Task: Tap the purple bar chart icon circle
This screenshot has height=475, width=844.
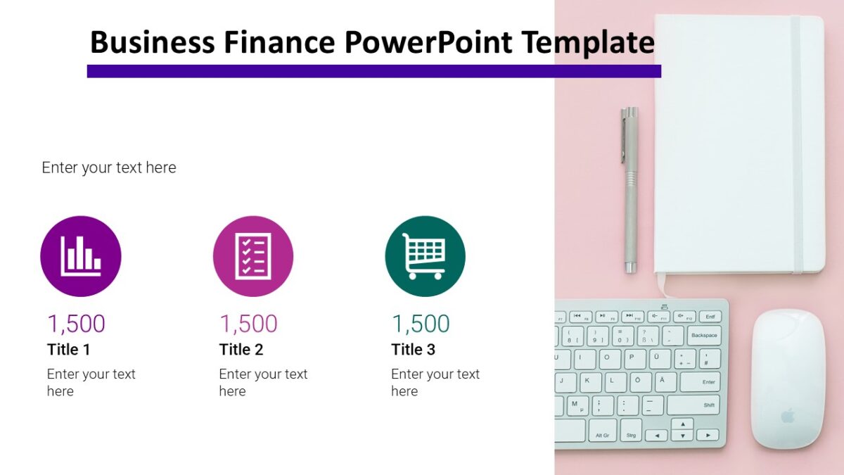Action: [x=81, y=256]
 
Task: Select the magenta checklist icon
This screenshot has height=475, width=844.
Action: [x=253, y=256]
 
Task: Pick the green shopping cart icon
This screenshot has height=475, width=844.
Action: [x=425, y=256]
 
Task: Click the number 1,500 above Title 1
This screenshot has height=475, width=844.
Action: [x=76, y=324]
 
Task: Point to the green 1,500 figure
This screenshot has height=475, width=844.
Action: [x=421, y=324]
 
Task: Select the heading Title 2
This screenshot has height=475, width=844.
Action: [x=241, y=350]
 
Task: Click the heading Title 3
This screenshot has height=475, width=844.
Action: [x=414, y=350]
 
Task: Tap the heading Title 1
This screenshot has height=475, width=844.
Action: [x=69, y=350]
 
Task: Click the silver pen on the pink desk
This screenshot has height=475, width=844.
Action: [x=629, y=190]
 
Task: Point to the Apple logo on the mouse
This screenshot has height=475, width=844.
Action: [x=788, y=416]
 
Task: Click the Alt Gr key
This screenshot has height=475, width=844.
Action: [x=603, y=435]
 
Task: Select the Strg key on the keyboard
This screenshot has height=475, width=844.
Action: [x=630, y=435]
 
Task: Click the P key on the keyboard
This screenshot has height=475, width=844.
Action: [x=633, y=358]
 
